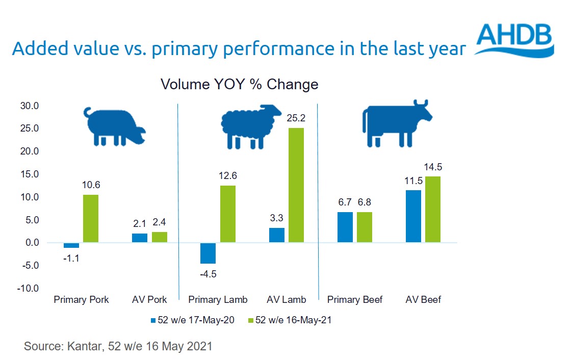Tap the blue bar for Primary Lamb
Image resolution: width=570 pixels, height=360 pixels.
pyautogui.click(x=208, y=253)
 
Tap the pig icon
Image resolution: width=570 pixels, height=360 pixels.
pyautogui.click(x=115, y=126)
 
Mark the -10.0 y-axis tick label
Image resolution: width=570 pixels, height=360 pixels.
pyautogui.click(x=29, y=289)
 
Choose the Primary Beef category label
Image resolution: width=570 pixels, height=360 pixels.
pyautogui.click(x=355, y=299)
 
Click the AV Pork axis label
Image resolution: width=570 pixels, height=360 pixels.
pyautogui.click(x=149, y=299)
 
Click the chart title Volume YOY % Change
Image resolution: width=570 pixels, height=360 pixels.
pyautogui.click(x=240, y=84)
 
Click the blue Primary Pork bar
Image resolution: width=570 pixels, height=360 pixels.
pyautogui.click(x=71, y=245)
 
